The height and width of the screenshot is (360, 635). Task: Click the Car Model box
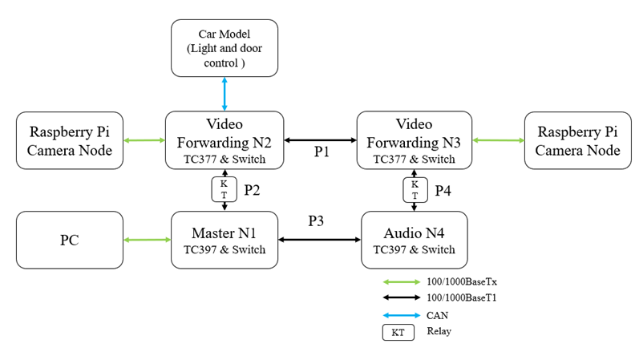pyautogui.click(x=224, y=48)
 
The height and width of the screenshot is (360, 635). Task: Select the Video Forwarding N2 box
pyautogui.click(x=224, y=140)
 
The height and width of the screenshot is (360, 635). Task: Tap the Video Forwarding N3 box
pyautogui.click(x=415, y=140)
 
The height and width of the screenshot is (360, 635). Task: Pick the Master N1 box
pyautogui.click(x=224, y=240)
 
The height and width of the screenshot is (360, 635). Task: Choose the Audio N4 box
pyautogui.click(x=415, y=240)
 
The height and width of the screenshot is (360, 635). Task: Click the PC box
pyautogui.click(x=70, y=240)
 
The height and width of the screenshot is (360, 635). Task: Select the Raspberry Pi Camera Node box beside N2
pyautogui.click(x=70, y=140)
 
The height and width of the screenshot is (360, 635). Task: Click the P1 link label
pyautogui.click(x=322, y=152)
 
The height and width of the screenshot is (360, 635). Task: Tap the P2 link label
pyautogui.click(x=252, y=191)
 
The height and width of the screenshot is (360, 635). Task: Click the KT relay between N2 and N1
pyautogui.click(x=224, y=190)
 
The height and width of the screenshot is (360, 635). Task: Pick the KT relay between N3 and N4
pyautogui.click(x=415, y=190)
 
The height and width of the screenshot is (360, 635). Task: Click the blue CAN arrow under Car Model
pyautogui.click(x=224, y=94)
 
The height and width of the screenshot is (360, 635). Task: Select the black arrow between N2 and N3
pyautogui.click(x=320, y=140)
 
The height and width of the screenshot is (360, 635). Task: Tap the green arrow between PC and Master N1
pyautogui.click(x=148, y=240)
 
